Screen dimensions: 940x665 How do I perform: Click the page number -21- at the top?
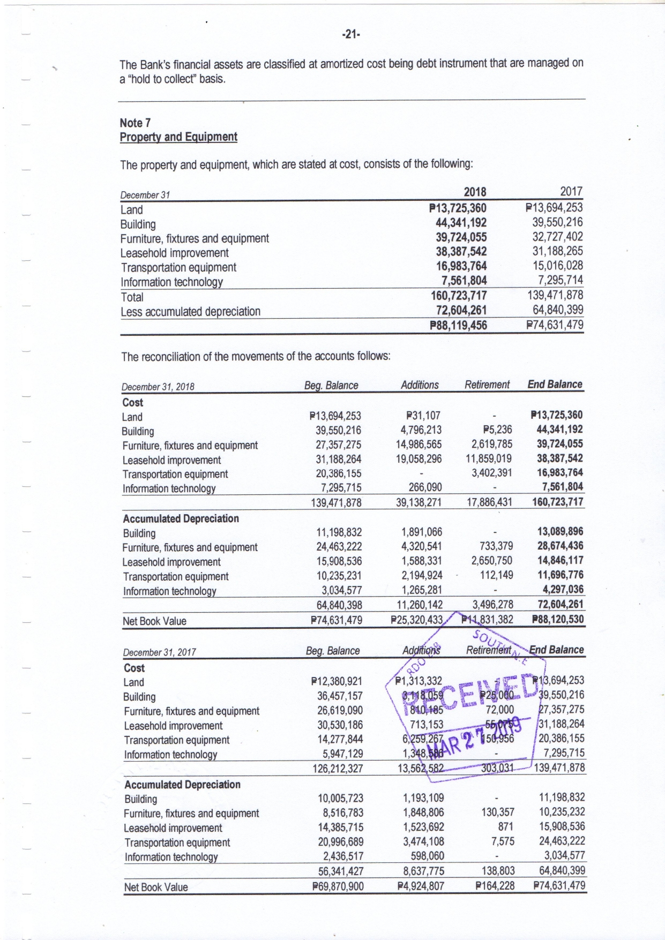(350, 35)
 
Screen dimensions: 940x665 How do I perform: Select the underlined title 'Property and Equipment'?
(178, 137)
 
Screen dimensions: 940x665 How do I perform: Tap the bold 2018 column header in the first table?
(475, 192)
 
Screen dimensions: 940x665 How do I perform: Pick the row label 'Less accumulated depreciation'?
(191, 312)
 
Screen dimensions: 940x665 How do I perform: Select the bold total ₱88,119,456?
(458, 325)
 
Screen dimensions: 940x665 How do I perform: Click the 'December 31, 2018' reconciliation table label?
(158, 387)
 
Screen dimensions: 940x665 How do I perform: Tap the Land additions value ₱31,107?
(424, 416)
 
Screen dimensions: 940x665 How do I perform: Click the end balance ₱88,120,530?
(557, 620)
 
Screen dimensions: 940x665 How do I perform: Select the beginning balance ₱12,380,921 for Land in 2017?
(337, 682)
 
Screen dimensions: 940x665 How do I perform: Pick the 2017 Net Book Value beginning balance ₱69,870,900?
(338, 886)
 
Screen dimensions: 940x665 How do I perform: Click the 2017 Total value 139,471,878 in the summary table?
(556, 295)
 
